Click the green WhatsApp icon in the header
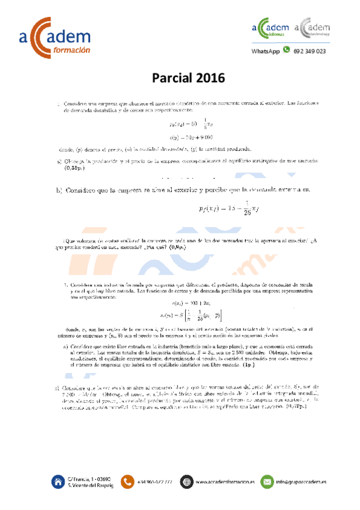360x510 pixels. [x=286, y=51]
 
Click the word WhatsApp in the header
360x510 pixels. [x=266, y=52]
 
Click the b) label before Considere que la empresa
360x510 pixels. [x=59, y=191]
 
